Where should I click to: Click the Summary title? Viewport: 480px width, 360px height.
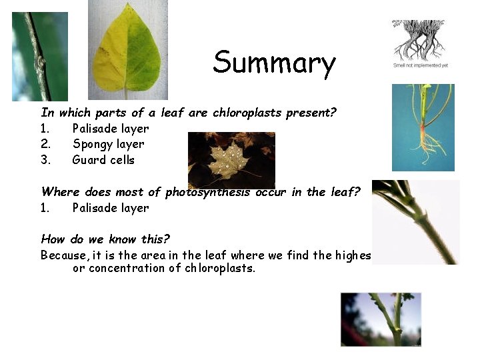(274, 63)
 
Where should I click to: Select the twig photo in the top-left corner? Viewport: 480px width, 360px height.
(39, 57)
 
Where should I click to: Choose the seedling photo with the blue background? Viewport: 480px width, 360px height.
(423, 127)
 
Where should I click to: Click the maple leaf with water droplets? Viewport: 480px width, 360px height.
(231, 160)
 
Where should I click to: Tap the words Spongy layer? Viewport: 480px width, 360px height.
(108, 144)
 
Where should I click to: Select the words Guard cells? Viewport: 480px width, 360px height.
(103, 160)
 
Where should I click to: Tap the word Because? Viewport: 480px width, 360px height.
(63, 255)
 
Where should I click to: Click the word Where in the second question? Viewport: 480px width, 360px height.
(59, 192)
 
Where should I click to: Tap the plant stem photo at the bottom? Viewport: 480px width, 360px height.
(381, 319)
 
